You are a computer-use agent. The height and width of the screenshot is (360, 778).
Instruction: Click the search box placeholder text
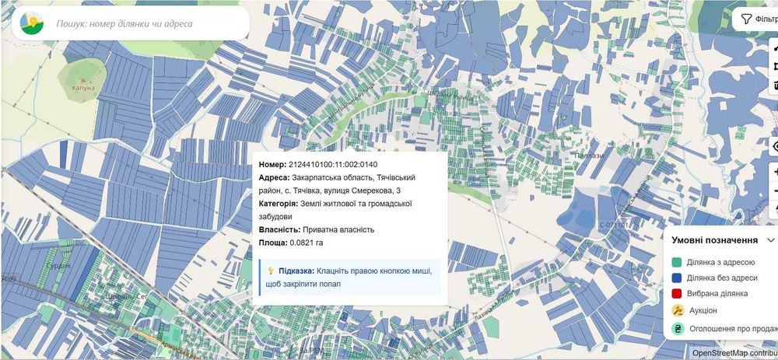pyautogui.click(x=124, y=23)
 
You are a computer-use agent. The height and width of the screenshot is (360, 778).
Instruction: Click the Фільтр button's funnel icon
pyautogui.click(x=745, y=19)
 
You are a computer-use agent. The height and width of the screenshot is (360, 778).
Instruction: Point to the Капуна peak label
pyautogui.click(x=83, y=87)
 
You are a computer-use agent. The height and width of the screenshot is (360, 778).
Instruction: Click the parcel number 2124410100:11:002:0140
pyautogui.click(x=332, y=164)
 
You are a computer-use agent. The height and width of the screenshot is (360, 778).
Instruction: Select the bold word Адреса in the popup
pyautogui.click(x=272, y=177)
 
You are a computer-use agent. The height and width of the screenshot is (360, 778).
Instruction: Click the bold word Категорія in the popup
pyautogui.click(x=279, y=204)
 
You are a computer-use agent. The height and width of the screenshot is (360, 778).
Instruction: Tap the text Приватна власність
pyautogui.click(x=338, y=229)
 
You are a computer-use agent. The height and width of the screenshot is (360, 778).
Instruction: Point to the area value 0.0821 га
pyautogui.click(x=306, y=243)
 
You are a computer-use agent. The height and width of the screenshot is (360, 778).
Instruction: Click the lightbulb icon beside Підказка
pyautogui.click(x=271, y=271)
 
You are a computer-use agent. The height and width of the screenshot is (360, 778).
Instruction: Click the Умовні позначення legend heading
pyautogui.click(x=714, y=240)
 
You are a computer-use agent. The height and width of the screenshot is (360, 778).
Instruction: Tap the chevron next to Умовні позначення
pyautogui.click(x=770, y=240)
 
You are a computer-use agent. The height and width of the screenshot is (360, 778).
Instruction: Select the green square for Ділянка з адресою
pyautogui.click(x=677, y=263)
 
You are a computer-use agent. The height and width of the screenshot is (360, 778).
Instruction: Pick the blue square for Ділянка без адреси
pyautogui.click(x=677, y=278)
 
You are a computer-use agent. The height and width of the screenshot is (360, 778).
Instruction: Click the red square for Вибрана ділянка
pyautogui.click(x=677, y=293)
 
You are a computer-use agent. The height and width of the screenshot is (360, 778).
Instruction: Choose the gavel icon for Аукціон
pyautogui.click(x=678, y=309)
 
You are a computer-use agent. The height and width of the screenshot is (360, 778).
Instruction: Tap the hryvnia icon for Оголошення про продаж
pyautogui.click(x=678, y=328)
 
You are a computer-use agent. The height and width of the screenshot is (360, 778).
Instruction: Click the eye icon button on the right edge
pyautogui.click(x=775, y=146)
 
